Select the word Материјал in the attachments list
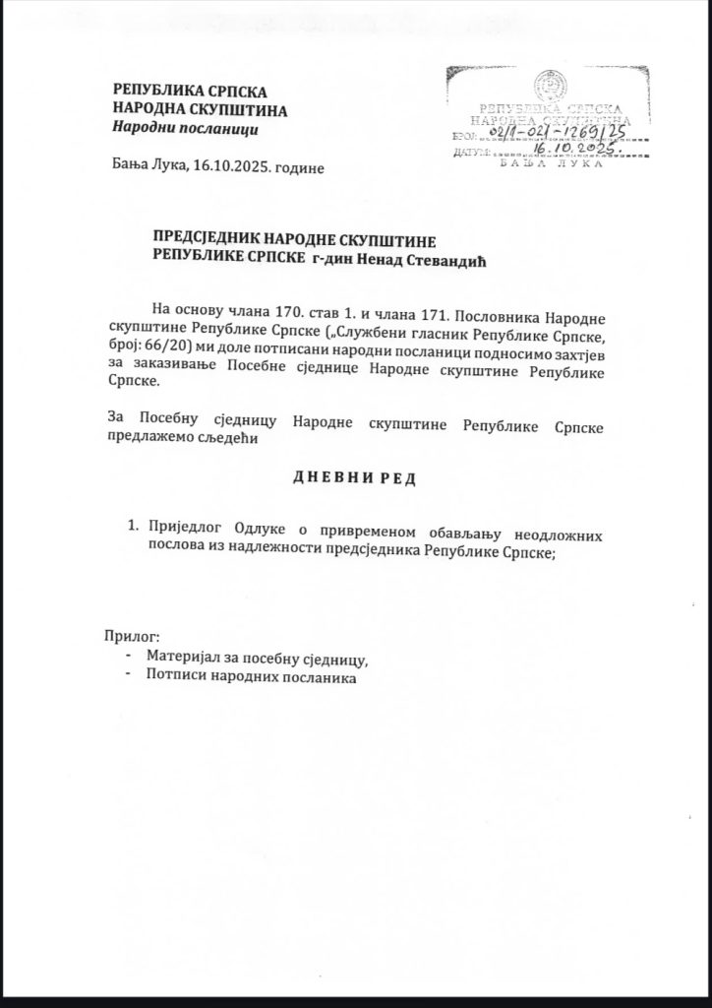coord(183,659)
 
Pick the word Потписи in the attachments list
coord(173,677)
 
